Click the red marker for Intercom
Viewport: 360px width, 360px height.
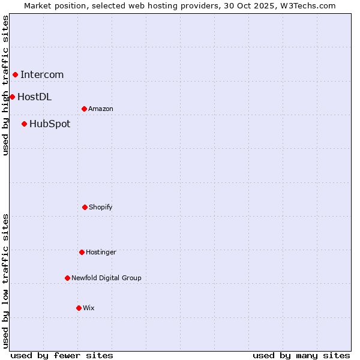coord(15,74)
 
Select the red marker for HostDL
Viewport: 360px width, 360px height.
coord(12,97)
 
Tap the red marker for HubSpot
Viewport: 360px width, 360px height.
coord(24,124)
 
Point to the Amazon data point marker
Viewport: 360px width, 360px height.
coord(84,109)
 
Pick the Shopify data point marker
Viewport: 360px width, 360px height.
coord(85,207)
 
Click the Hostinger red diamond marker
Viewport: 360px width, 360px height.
coord(82,252)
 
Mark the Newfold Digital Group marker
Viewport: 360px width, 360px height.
coord(67,278)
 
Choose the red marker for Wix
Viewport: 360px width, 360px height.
coord(79,308)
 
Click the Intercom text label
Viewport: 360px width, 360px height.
coord(42,75)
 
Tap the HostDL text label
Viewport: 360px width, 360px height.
coord(34,97)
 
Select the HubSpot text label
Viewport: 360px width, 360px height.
coord(50,124)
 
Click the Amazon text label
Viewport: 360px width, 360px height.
coord(101,109)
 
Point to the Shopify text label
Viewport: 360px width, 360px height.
coord(101,207)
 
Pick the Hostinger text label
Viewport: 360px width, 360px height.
coord(101,252)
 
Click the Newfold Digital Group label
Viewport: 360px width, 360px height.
coord(106,278)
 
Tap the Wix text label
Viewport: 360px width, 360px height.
coord(89,308)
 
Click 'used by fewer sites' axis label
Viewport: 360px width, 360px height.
coord(62,355)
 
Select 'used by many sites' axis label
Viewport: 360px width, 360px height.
coord(301,355)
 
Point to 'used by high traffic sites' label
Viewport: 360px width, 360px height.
coord(5,85)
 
